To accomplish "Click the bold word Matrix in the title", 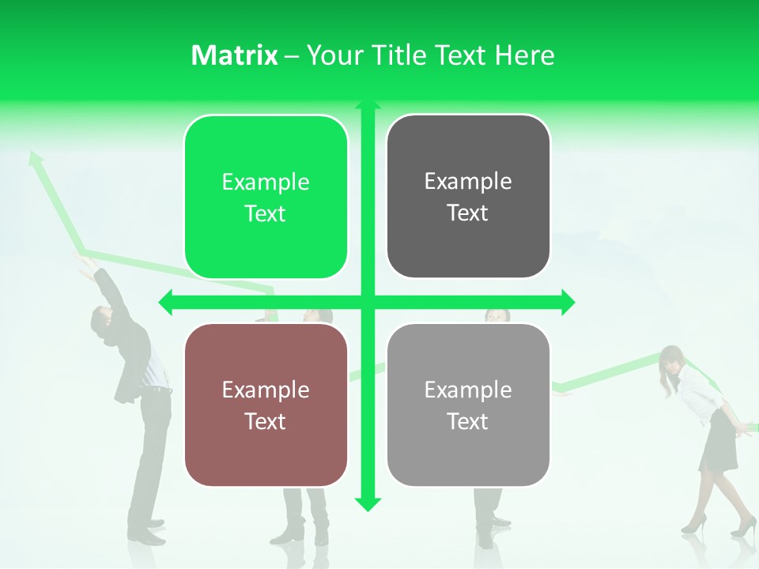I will tap(234, 55).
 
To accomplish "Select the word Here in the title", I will tap(524, 55).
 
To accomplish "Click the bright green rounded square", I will tap(266, 198).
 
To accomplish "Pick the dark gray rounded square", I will tap(468, 197).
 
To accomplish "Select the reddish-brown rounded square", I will tap(266, 405).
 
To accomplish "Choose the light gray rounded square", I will tap(468, 405).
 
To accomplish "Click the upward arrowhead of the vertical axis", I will tap(367, 105).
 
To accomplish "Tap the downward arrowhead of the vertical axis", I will tap(367, 503).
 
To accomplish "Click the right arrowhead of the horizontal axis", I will tap(567, 301).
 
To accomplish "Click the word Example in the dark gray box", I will tap(468, 182).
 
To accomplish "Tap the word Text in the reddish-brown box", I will tap(266, 421).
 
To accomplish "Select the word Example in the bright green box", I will tap(266, 183).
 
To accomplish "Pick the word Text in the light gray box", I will tap(468, 421).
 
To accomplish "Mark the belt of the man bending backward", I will tap(160, 390).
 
